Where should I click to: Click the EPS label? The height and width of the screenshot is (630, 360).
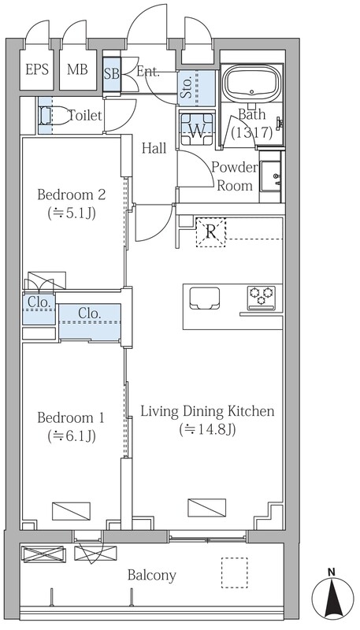click(x=37, y=69)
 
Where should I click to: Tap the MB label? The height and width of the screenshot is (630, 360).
click(x=77, y=69)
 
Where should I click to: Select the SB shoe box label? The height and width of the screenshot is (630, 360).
click(x=112, y=74)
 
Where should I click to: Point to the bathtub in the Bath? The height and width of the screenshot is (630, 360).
click(x=251, y=83)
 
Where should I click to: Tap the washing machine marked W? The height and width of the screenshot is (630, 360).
click(x=197, y=129)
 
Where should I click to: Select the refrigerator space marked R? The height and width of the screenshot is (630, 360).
click(x=211, y=232)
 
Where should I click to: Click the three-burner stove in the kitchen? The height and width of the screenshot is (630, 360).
click(x=262, y=298)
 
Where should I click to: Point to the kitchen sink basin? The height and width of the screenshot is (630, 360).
click(x=205, y=298)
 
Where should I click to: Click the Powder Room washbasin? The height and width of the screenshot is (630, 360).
click(x=271, y=176)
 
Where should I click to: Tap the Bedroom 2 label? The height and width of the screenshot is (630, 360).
click(x=72, y=195)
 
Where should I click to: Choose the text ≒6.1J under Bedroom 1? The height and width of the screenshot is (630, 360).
click(x=72, y=435)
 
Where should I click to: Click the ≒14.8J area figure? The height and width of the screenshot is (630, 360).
click(x=207, y=429)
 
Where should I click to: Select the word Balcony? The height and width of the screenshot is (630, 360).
click(x=152, y=576)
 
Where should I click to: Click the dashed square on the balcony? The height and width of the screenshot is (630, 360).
click(x=234, y=573)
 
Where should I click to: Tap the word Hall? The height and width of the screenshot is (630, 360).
click(x=154, y=148)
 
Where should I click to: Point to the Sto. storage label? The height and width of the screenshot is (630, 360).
click(x=186, y=89)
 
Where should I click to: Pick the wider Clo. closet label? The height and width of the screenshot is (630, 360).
click(x=89, y=313)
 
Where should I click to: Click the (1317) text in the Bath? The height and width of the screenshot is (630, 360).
click(x=252, y=132)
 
